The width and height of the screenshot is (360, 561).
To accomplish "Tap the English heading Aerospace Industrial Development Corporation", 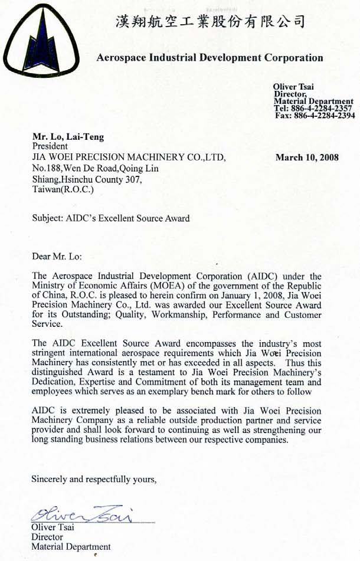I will [209, 58].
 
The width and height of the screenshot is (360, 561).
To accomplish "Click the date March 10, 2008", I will [307, 158].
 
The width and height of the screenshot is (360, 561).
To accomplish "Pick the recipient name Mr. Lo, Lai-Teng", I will [68, 137].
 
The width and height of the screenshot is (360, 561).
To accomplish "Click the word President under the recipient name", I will [50, 146].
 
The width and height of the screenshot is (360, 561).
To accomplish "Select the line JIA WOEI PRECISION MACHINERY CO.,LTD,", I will [129, 158].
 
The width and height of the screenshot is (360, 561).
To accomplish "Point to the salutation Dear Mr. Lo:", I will [58, 256].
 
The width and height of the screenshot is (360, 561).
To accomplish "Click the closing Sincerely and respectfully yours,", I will [94, 479].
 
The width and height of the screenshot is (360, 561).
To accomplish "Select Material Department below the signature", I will [71, 547].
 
